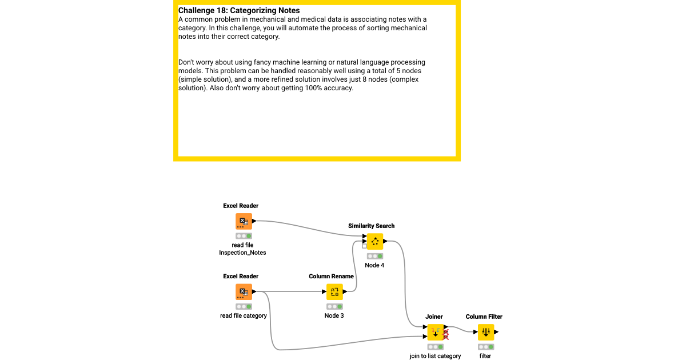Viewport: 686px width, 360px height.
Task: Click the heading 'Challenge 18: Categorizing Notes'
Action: [x=239, y=10]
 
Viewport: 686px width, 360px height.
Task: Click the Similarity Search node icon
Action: [x=375, y=242]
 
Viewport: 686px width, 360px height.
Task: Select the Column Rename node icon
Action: [x=334, y=292]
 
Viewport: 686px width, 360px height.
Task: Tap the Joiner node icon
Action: [x=436, y=332]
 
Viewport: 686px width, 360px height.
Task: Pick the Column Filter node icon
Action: [x=486, y=332]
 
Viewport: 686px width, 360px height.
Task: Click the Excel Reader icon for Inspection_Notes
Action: [x=244, y=222]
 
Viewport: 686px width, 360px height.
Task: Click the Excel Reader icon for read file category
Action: [x=244, y=292]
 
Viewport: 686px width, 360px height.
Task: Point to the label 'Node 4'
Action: [x=374, y=265]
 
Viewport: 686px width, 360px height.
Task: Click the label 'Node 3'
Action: [x=334, y=315]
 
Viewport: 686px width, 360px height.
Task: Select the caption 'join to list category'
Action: [x=435, y=356]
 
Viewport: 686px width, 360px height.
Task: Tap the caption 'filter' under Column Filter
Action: [x=485, y=356]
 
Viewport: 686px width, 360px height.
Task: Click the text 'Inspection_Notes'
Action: [x=242, y=253]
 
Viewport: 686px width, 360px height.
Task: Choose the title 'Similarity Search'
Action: [x=371, y=226]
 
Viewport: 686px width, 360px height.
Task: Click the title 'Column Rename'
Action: [x=331, y=276]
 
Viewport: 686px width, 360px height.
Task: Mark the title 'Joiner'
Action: [x=434, y=317]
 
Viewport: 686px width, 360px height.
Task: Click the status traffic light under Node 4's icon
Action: [x=375, y=256]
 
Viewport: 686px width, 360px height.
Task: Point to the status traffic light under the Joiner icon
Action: [x=435, y=347]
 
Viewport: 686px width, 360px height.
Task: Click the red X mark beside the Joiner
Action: [x=446, y=335]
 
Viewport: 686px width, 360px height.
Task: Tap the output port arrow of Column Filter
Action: [x=496, y=332]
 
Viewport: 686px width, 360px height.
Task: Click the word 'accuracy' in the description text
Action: [x=337, y=88]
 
